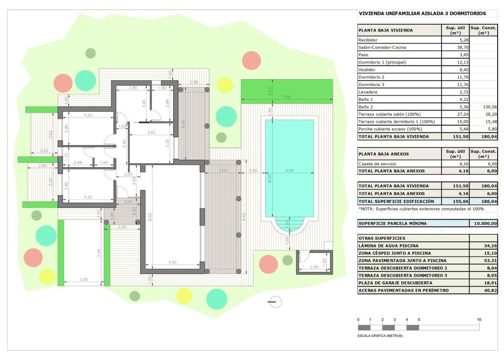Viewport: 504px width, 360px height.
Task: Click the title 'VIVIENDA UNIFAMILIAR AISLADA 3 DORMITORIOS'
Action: pyautogui.click(x=422, y=14)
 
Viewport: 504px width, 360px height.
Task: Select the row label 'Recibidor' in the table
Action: pyautogui.click(x=368, y=40)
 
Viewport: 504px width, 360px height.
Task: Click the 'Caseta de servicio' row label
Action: pyautogui.click(x=378, y=163)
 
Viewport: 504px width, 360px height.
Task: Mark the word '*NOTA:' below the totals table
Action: pyautogui.click(x=366, y=209)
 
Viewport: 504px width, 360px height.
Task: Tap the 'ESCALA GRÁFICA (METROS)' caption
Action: pyautogui.click(x=380, y=335)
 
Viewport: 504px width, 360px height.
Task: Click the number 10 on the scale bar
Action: pyautogui.click(x=479, y=320)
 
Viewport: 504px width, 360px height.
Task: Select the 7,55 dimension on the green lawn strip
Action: pyautogui.click(x=287, y=97)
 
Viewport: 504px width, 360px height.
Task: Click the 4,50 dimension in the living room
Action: pyautogui.click(x=172, y=262)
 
